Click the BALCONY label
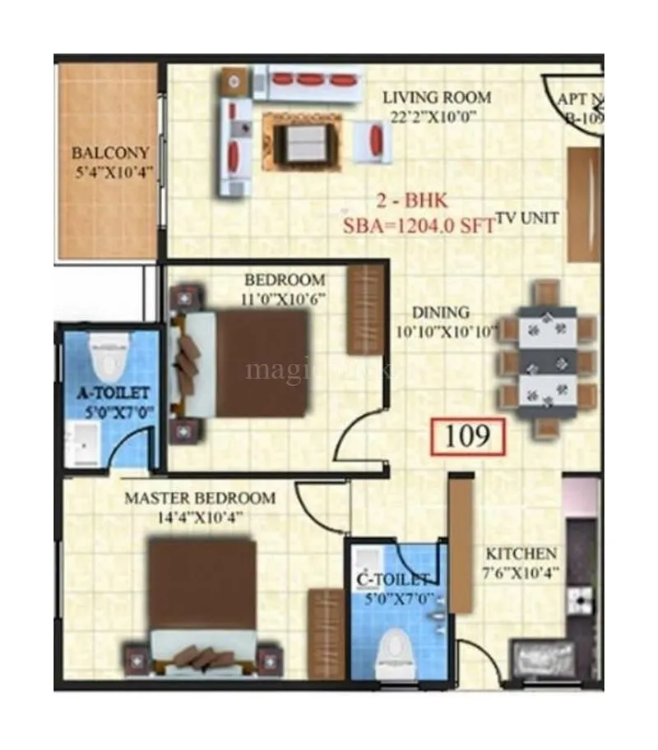[110, 153]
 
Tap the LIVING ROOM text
[437, 98]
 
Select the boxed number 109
[466, 436]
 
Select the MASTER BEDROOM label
[200, 499]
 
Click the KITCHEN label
[521, 554]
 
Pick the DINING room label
[441, 313]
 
